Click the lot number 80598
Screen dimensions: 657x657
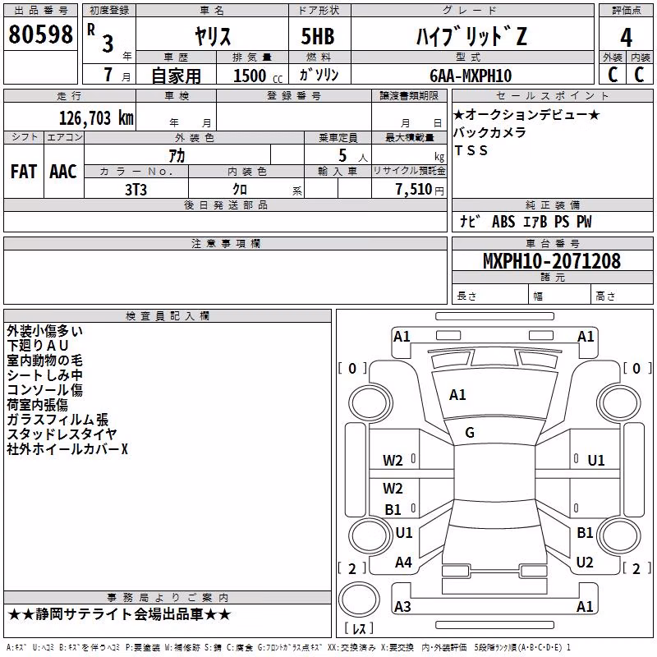[40, 34]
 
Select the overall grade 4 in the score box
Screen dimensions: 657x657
[626, 37]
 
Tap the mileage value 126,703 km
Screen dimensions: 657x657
[96, 118]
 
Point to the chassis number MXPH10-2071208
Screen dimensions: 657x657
[551, 260]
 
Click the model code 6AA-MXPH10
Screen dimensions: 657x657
[471, 76]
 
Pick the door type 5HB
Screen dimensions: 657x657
[318, 36]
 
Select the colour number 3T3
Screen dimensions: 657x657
[136, 190]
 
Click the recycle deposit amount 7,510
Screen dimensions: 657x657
[414, 189]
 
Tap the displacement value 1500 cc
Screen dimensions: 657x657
[258, 76]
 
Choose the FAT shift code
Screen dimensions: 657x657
[24, 172]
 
